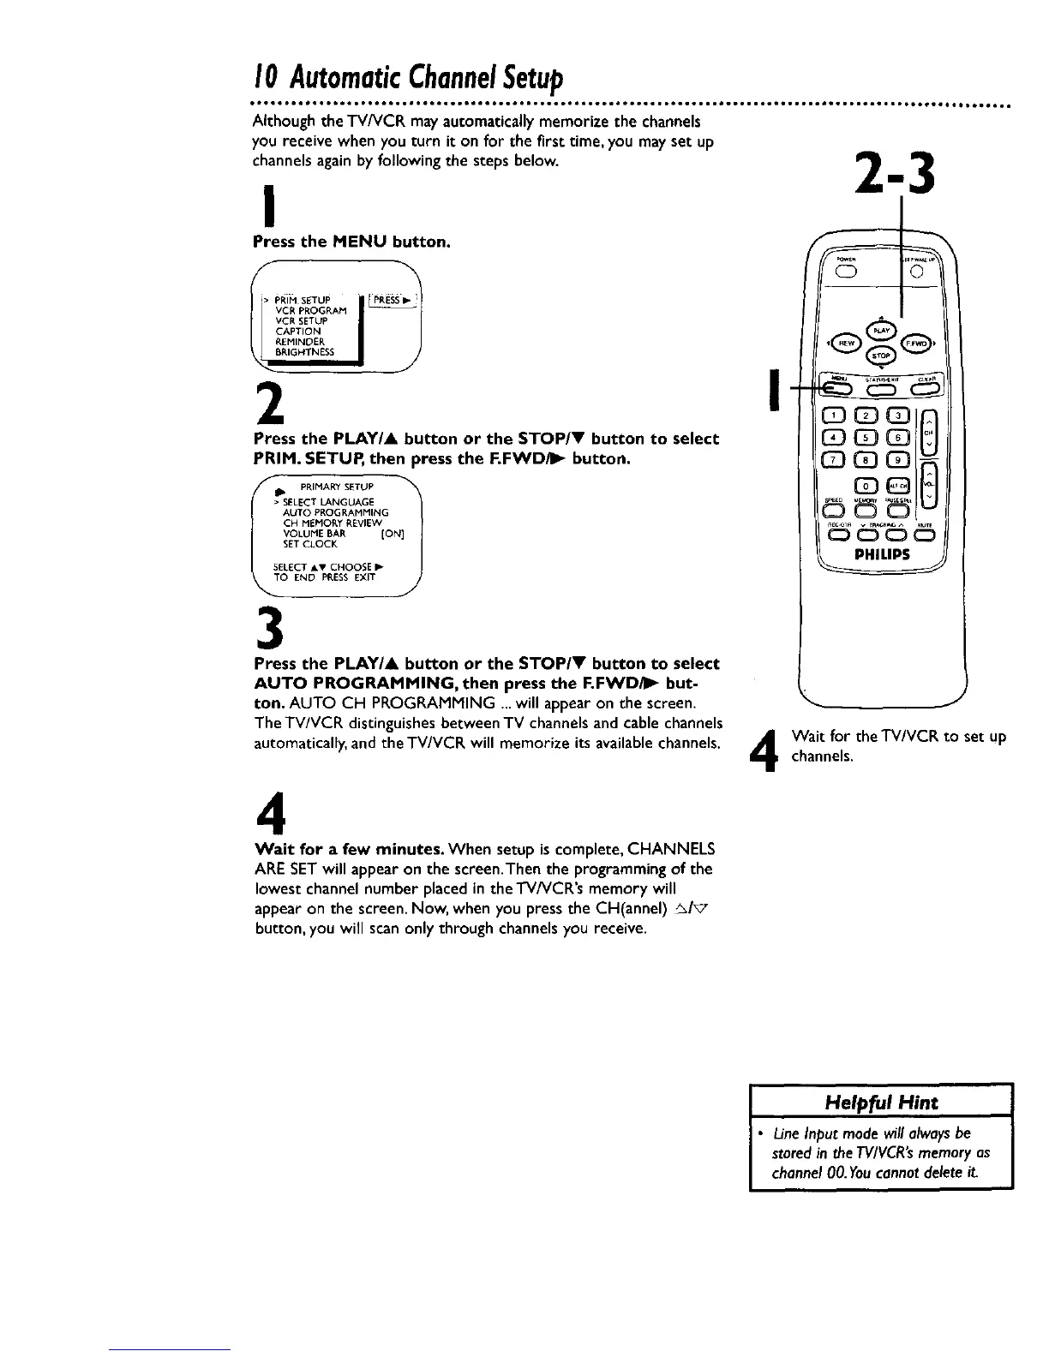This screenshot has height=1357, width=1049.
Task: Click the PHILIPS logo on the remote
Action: [x=882, y=554]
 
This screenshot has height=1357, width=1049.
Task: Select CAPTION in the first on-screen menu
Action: [x=298, y=331]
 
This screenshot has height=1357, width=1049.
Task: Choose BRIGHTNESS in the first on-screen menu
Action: [x=305, y=351]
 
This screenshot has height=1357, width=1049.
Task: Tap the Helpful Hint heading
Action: [x=880, y=1103]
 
